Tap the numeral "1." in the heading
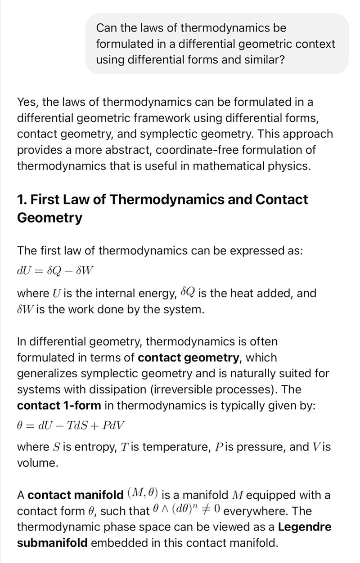tap(22, 200)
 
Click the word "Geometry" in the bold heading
tap(49, 218)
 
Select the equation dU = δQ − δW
tap(55, 271)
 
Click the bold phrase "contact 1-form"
tap(59, 406)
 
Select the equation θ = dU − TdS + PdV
tap(71, 425)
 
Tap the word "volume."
tap(38, 463)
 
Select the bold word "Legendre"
tap(305, 527)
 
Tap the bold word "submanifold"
tap(52, 543)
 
